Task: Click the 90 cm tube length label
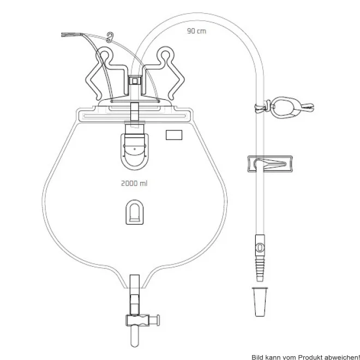pyautogui.click(x=196, y=31)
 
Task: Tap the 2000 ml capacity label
pyautogui.click(x=134, y=183)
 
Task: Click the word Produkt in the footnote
pyautogui.click(x=310, y=357)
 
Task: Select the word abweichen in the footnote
pyautogui.click(x=341, y=357)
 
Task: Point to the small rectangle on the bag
pyautogui.click(x=174, y=135)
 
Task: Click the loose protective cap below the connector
pyautogui.click(x=260, y=302)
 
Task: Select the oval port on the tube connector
pyautogui.click(x=260, y=248)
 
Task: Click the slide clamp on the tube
pyautogui.click(x=270, y=164)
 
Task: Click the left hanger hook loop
pyautogui.click(x=105, y=55)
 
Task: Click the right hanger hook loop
pyautogui.click(x=166, y=55)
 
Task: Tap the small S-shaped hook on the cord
pyautogui.click(x=110, y=38)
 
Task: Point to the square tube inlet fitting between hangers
pyautogui.click(x=135, y=81)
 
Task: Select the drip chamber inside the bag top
pyautogui.click(x=135, y=147)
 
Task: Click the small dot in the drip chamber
pyautogui.click(x=135, y=149)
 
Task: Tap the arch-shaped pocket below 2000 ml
pyautogui.click(x=135, y=212)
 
